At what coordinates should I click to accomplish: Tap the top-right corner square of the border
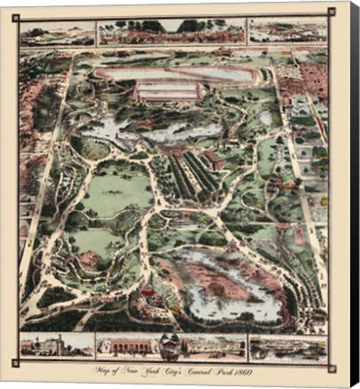point(331,12)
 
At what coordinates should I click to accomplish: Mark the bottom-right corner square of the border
point(331,367)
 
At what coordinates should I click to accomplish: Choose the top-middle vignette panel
point(171,32)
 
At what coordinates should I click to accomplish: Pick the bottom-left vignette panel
point(57,346)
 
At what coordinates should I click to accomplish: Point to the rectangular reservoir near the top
point(168,90)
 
